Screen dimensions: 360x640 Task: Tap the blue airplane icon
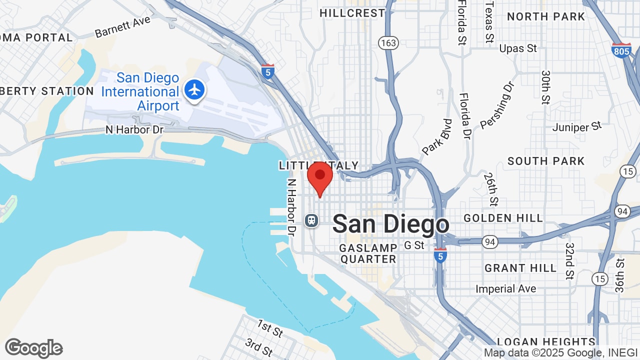pyautogui.click(x=194, y=90)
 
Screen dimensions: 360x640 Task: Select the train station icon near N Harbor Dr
pyautogui.click(x=311, y=220)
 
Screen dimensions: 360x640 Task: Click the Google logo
pyautogui.click(x=33, y=348)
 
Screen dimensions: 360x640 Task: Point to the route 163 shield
pyautogui.click(x=388, y=43)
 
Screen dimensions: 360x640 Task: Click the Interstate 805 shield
pyautogui.click(x=621, y=50)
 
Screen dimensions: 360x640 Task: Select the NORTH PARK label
pyautogui.click(x=546, y=16)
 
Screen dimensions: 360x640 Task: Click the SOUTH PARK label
pyautogui.click(x=546, y=161)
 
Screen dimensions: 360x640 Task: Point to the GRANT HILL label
pyautogui.click(x=520, y=268)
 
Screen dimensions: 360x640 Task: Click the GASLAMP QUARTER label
pyautogui.click(x=368, y=253)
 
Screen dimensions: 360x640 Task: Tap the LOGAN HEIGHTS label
pyautogui.click(x=546, y=342)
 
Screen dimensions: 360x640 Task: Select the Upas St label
pyautogui.click(x=518, y=48)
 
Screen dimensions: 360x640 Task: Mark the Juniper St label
pyautogui.click(x=577, y=126)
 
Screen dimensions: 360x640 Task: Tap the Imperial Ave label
pyautogui.click(x=505, y=289)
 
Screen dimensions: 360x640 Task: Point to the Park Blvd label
pyautogui.click(x=437, y=137)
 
